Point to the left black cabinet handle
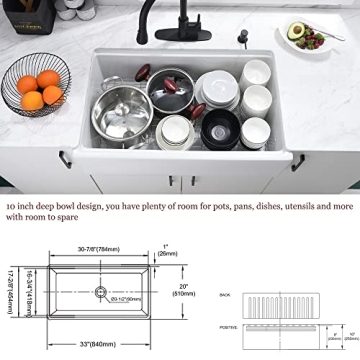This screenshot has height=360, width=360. pos(63,157)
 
